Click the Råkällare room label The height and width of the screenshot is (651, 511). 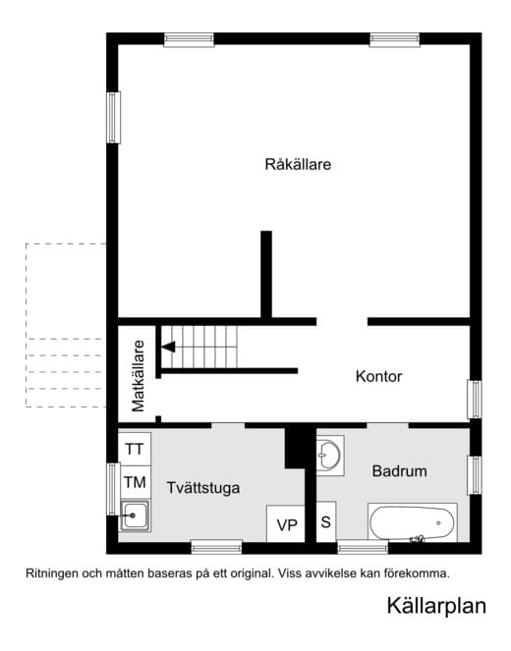coord(297,164)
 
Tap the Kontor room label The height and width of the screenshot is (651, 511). coord(378,376)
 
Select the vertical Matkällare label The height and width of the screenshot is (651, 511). coord(139,375)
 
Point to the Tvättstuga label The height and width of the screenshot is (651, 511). coord(203,487)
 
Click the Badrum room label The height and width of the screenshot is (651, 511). coord(399,471)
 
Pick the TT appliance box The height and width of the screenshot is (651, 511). coord(135,449)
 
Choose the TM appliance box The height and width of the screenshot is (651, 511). coord(135,482)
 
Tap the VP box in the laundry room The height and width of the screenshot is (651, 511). coord(287,524)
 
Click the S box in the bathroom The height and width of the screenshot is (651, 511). coord(325,521)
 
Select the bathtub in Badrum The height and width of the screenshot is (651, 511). coord(413,521)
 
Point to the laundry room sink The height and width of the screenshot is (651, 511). coord(134,515)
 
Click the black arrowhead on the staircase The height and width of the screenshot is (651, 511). coord(168,346)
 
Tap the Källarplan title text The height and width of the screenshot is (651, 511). coord(435,607)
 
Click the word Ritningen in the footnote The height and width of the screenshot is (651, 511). coord(50,571)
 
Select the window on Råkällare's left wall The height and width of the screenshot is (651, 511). coord(112,117)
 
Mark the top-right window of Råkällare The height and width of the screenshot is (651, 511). coord(395,40)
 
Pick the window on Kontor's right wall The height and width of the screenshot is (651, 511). coord(475,399)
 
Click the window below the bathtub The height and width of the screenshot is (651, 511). coord(363,547)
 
